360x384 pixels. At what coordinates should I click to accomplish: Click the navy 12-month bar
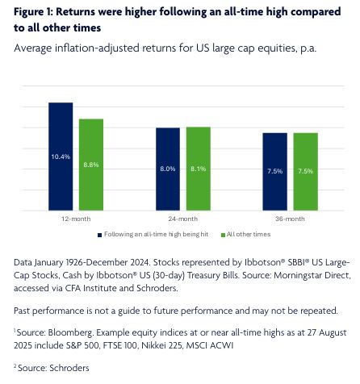(61, 157)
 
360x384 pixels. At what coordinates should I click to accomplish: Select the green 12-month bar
(91, 165)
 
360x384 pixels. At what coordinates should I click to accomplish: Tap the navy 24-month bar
(168, 169)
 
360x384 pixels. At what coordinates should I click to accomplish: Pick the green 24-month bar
(199, 169)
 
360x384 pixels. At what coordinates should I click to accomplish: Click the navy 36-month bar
(275, 172)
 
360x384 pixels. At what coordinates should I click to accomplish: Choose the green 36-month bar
(306, 172)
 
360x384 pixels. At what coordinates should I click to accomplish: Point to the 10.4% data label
(61, 157)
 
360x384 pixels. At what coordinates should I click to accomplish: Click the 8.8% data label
(91, 165)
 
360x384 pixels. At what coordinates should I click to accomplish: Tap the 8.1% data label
(199, 169)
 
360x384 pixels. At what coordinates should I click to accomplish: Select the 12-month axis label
(76, 219)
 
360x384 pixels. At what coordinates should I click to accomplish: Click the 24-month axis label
(183, 219)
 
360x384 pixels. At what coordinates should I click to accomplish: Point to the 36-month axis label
(290, 219)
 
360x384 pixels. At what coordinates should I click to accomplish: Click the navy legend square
(99, 235)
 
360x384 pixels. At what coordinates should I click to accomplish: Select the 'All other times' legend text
(249, 234)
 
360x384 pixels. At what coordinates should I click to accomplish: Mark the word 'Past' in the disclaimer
(22, 311)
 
